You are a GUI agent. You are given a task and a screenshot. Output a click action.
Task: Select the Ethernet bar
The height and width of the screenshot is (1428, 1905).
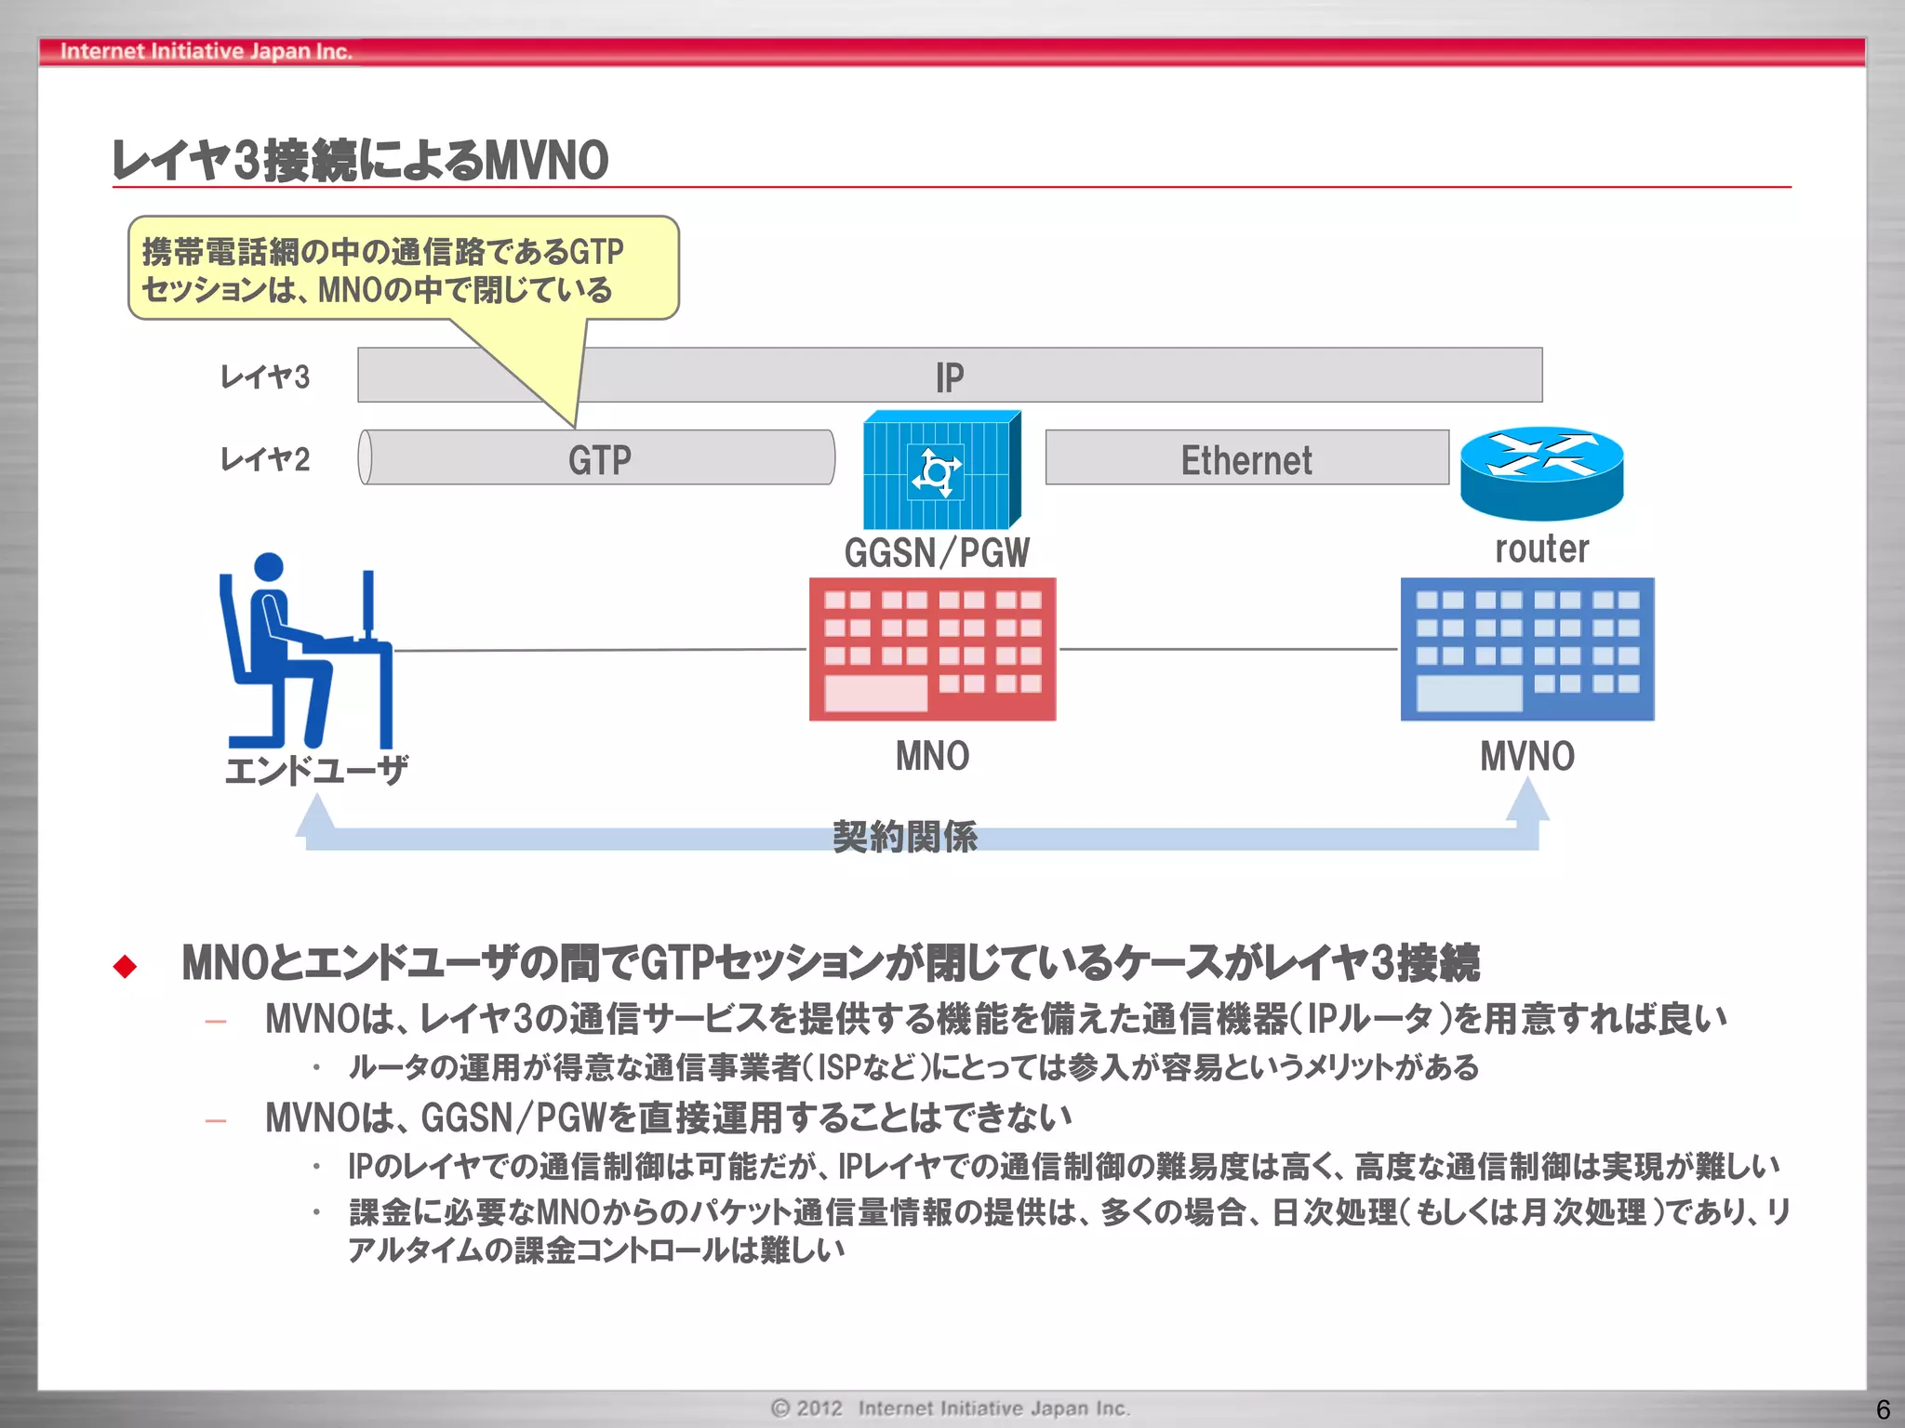pos(1246,457)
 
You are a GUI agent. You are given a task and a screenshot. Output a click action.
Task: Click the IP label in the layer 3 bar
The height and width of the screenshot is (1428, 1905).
pos(950,377)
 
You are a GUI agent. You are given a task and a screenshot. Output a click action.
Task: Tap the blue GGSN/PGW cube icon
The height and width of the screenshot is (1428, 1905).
pos(940,470)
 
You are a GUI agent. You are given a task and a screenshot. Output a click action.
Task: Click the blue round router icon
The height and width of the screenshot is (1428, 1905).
pos(1541,472)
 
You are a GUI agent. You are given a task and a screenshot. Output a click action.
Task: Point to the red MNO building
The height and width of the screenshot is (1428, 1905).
pos(932,649)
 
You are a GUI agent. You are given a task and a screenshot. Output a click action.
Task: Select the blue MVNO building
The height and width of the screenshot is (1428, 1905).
pos(1526,649)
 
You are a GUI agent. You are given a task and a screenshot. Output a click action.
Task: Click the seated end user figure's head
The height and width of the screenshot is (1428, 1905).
pos(268,567)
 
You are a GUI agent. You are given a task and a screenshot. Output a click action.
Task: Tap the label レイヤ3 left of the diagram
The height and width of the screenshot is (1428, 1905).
pos(264,377)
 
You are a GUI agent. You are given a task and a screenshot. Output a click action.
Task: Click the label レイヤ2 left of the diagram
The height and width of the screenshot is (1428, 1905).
pos(264,458)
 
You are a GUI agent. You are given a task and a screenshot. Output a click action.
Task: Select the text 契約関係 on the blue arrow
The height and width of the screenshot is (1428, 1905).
pos(904,837)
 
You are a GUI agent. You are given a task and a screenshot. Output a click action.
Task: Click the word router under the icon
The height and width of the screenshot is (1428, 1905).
pos(1541,549)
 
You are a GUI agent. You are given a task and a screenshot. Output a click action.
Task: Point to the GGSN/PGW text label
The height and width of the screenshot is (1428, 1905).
pos(936,552)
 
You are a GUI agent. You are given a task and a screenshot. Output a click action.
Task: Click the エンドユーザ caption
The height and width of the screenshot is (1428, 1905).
pos(316,770)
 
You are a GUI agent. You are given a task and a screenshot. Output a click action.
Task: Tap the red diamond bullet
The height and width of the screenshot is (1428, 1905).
pos(125,966)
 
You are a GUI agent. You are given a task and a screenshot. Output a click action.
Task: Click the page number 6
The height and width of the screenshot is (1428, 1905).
pos(1883,1409)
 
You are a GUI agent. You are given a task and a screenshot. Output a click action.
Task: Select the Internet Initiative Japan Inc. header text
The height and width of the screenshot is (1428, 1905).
pos(206,51)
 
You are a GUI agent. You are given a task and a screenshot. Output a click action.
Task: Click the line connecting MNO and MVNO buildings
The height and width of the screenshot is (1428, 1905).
pos(1228,649)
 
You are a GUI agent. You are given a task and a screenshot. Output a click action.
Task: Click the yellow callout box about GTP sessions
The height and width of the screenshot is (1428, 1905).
pos(402,269)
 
